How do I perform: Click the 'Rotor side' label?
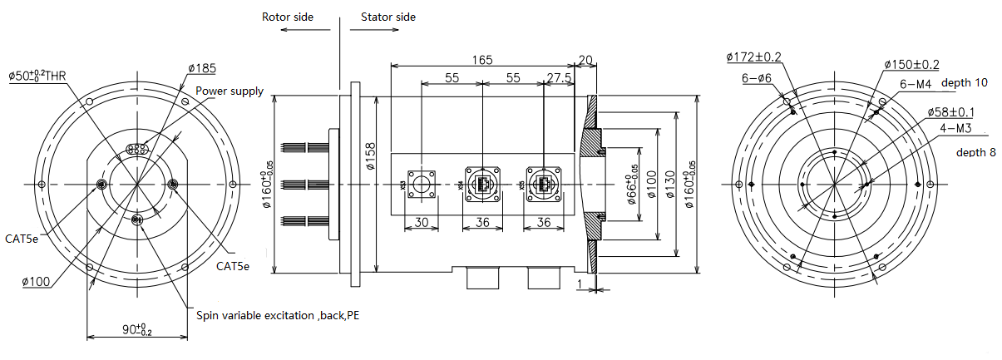[x=288, y=17]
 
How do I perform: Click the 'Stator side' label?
[x=388, y=17]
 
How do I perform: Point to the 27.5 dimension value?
[x=558, y=77]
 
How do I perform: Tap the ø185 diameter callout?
[x=202, y=67]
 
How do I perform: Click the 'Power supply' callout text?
[x=230, y=91]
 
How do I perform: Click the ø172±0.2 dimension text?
[x=753, y=57]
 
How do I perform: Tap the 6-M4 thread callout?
[x=915, y=84]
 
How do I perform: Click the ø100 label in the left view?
[x=38, y=282]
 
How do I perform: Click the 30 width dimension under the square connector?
[x=421, y=222]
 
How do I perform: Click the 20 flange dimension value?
[x=585, y=60]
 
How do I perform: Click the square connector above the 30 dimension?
[x=421, y=184]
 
